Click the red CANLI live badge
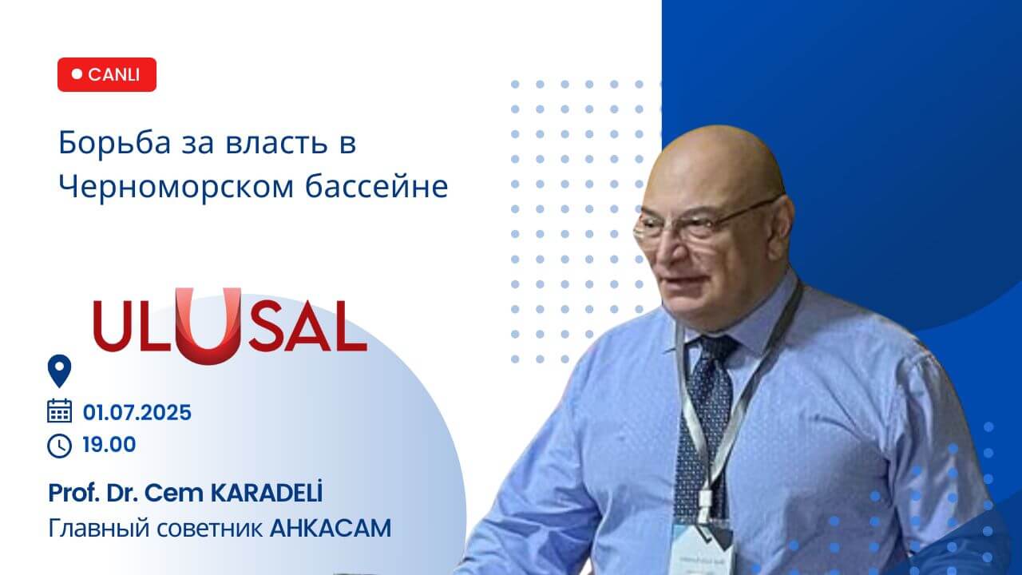(x=107, y=74)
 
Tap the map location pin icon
(x=60, y=371)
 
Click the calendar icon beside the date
(x=60, y=411)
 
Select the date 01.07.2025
(x=137, y=413)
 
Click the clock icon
(x=60, y=446)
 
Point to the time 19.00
(x=109, y=445)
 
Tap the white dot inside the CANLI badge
(x=77, y=74)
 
